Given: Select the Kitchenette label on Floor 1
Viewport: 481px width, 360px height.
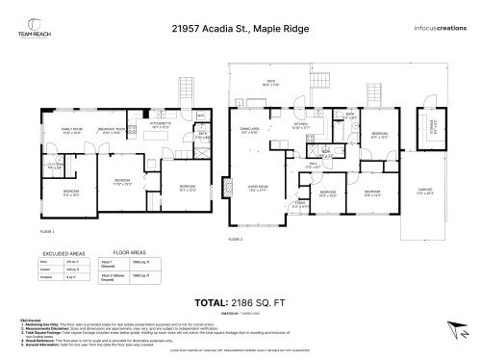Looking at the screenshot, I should click(x=161, y=123).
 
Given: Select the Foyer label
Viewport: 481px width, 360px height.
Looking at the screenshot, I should click(x=300, y=203).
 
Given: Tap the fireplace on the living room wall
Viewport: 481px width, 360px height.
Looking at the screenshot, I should click(x=227, y=189).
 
